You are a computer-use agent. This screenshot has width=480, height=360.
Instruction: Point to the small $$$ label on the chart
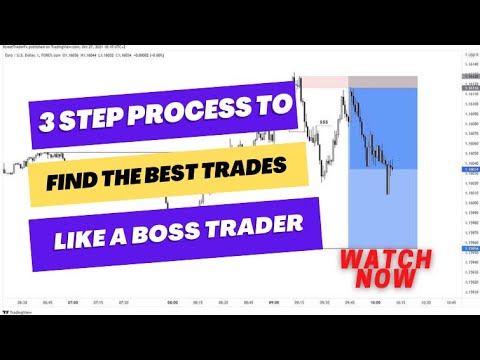[x=323, y=123]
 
